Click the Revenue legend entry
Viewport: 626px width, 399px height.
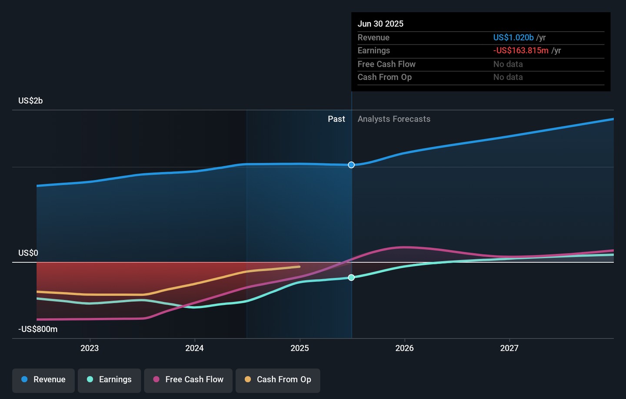(43, 379)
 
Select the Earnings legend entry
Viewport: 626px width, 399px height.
(109, 379)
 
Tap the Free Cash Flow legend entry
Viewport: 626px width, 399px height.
(188, 379)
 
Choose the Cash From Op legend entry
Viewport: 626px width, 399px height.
(278, 379)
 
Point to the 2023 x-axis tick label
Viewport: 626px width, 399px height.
(90, 348)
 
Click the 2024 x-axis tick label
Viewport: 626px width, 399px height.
(194, 348)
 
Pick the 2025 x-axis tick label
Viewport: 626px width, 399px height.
(300, 348)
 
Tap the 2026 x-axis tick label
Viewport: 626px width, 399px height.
(404, 348)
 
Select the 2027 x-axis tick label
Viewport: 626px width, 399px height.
(509, 348)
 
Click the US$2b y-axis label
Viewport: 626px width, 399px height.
(30, 101)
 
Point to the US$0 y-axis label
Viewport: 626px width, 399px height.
(28, 253)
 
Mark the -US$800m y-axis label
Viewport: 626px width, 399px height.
(38, 329)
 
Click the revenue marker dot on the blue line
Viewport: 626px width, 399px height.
(351, 165)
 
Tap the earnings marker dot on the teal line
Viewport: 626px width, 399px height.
(351, 277)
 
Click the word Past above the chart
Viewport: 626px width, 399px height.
(336, 119)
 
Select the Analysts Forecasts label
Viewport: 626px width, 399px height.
(394, 119)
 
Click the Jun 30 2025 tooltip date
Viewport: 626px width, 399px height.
(380, 24)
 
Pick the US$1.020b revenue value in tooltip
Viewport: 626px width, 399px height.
(513, 38)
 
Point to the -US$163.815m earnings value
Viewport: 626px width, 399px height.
(520, 50)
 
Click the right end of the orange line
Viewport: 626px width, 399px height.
(300, 267)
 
